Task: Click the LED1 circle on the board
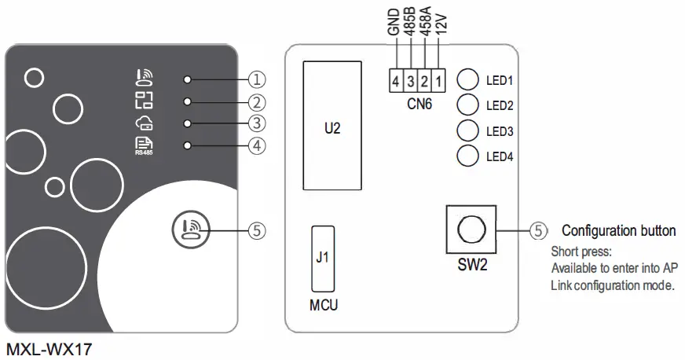click(x=468, y=80)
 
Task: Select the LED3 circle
click(x=468, y=130)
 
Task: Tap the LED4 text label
click(x=500, y=156)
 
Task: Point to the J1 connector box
click(x=321, y=259)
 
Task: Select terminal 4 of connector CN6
click(x=397, y=80)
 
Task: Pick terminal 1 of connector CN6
click(x=439, y=80)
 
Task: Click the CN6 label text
click(x=419, y=102)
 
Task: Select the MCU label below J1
click(x=322, y=304)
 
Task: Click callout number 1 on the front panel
click(x=257, y=79)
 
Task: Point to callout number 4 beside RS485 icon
click(x=257, y=145)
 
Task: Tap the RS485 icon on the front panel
click(x=144, y=145)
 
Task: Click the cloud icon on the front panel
click(x=144, y=123)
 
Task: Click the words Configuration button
click(x=618, y=231)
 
